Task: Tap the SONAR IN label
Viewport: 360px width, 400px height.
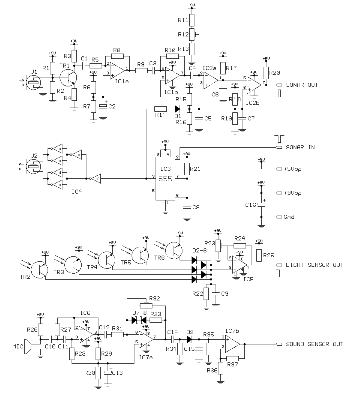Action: click(x=300, y=147)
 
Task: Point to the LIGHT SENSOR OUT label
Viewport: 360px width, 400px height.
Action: click(x=314, y=265)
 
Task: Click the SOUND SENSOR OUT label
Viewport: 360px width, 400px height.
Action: click(x=314, y=344)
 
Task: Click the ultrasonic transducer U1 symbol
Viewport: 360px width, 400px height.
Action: click(x=33, y=84)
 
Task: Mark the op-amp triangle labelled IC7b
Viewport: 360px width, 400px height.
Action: click(x=233, y=344)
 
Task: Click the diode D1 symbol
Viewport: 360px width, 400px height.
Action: click(x=176, y=108)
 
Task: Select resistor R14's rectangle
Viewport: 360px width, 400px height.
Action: click(x=160, y=108)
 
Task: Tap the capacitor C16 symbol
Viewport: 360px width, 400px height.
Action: click(x=262, y=205)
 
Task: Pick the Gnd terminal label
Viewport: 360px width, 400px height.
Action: click(x=289, y=217)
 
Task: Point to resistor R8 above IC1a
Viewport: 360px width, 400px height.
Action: click(x=117, y=56)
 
